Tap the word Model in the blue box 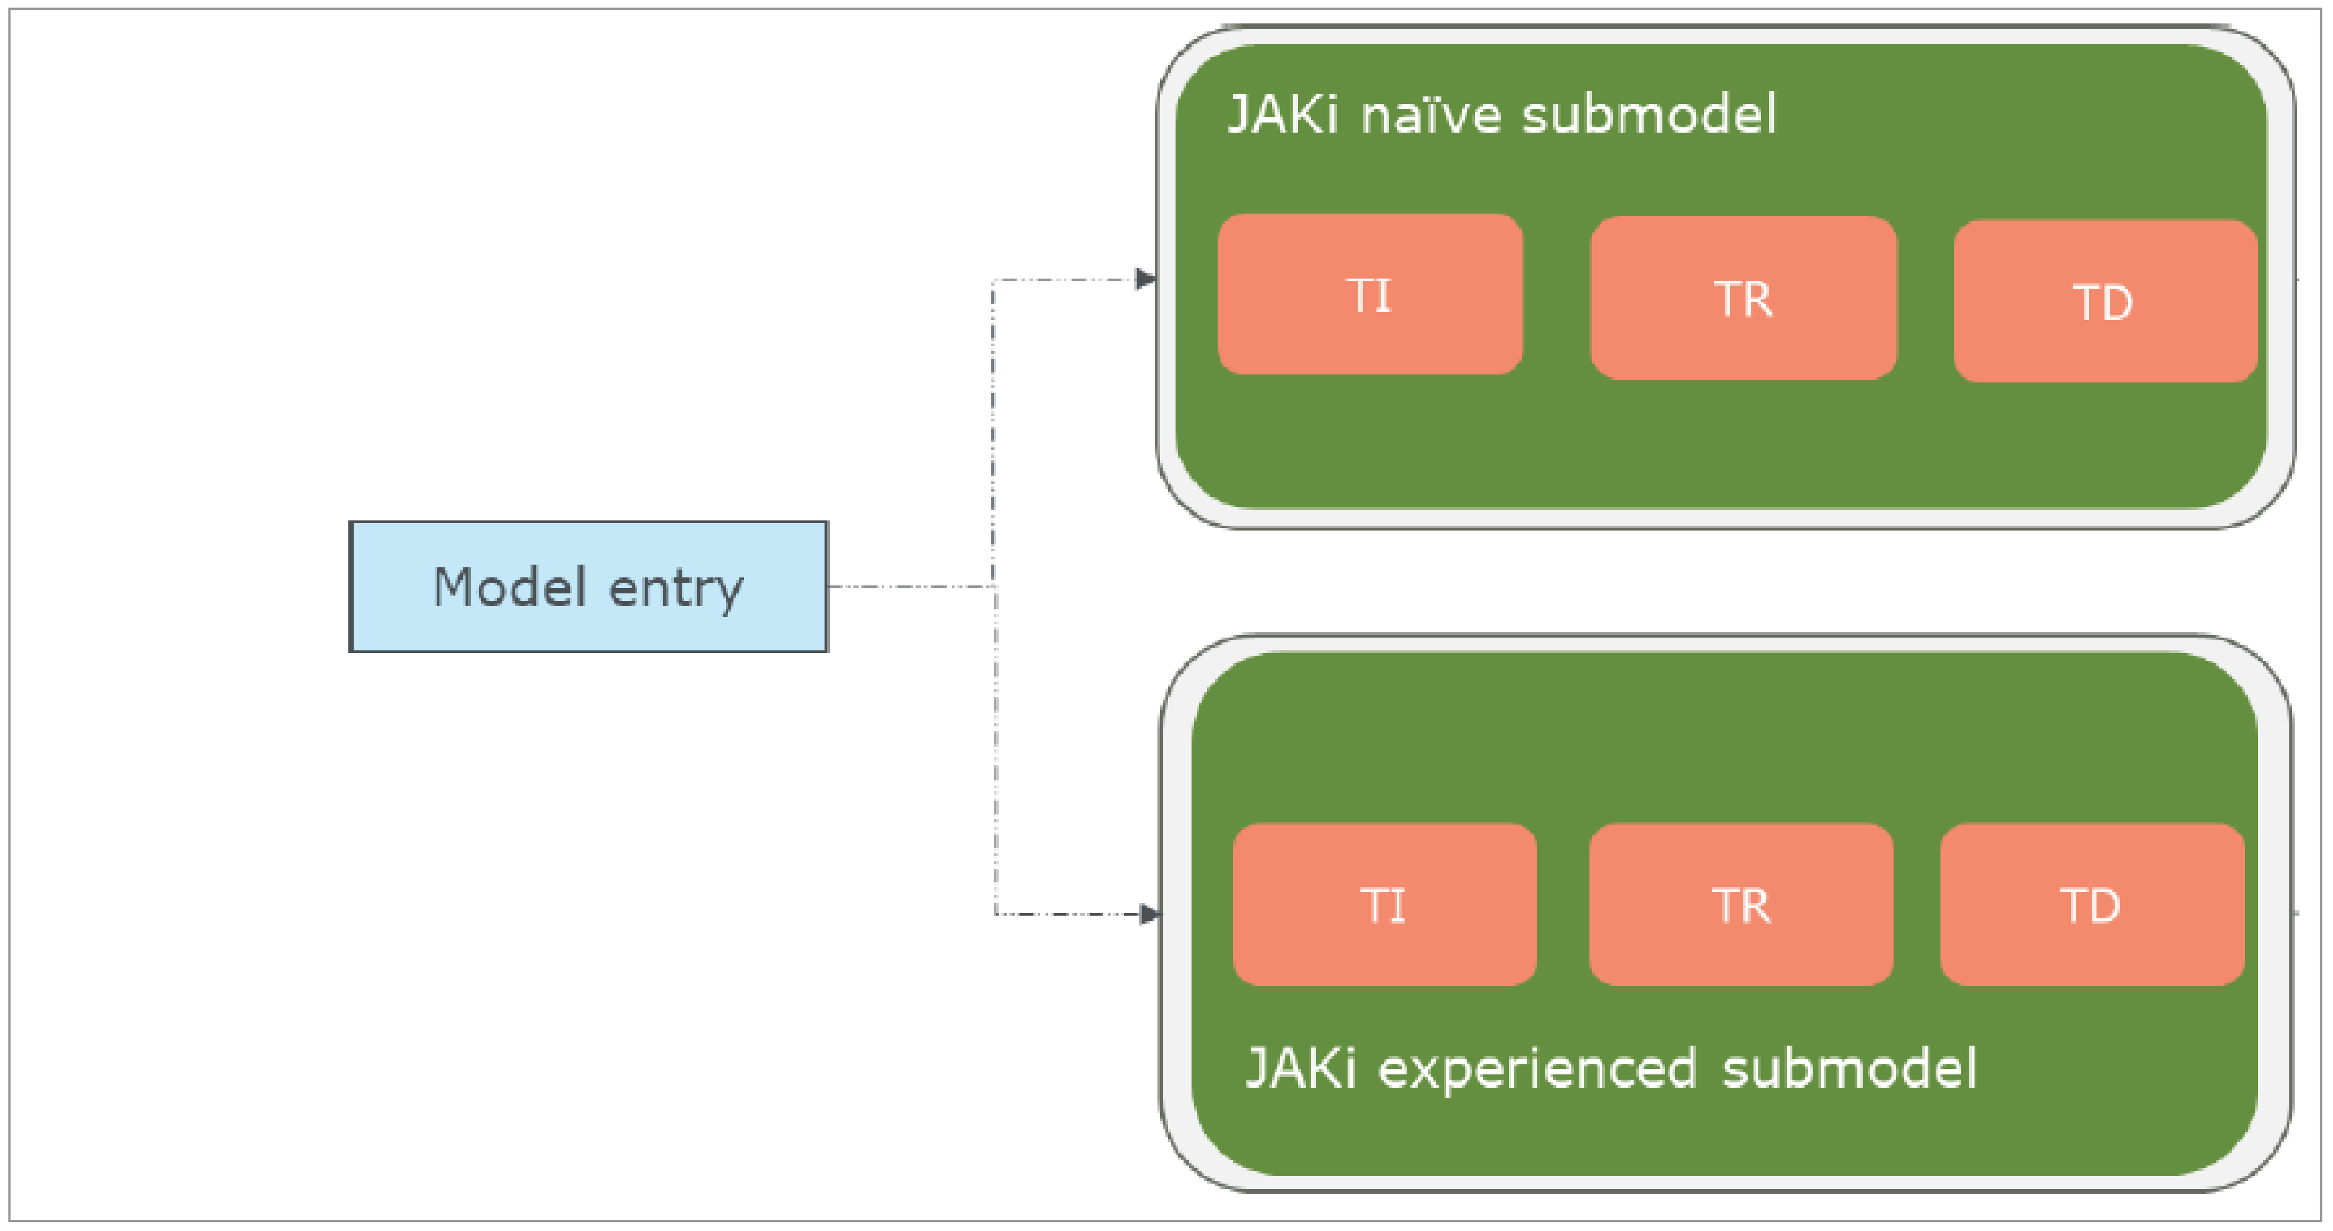click(x=510, y=587)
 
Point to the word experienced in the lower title click(x=1537, y=1069)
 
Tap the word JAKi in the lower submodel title click(x=1301, y=1069)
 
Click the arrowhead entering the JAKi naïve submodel click(x=1146, y=279)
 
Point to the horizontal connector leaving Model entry click(x=910, y=587)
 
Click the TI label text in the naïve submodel click(x=1369, y=295)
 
